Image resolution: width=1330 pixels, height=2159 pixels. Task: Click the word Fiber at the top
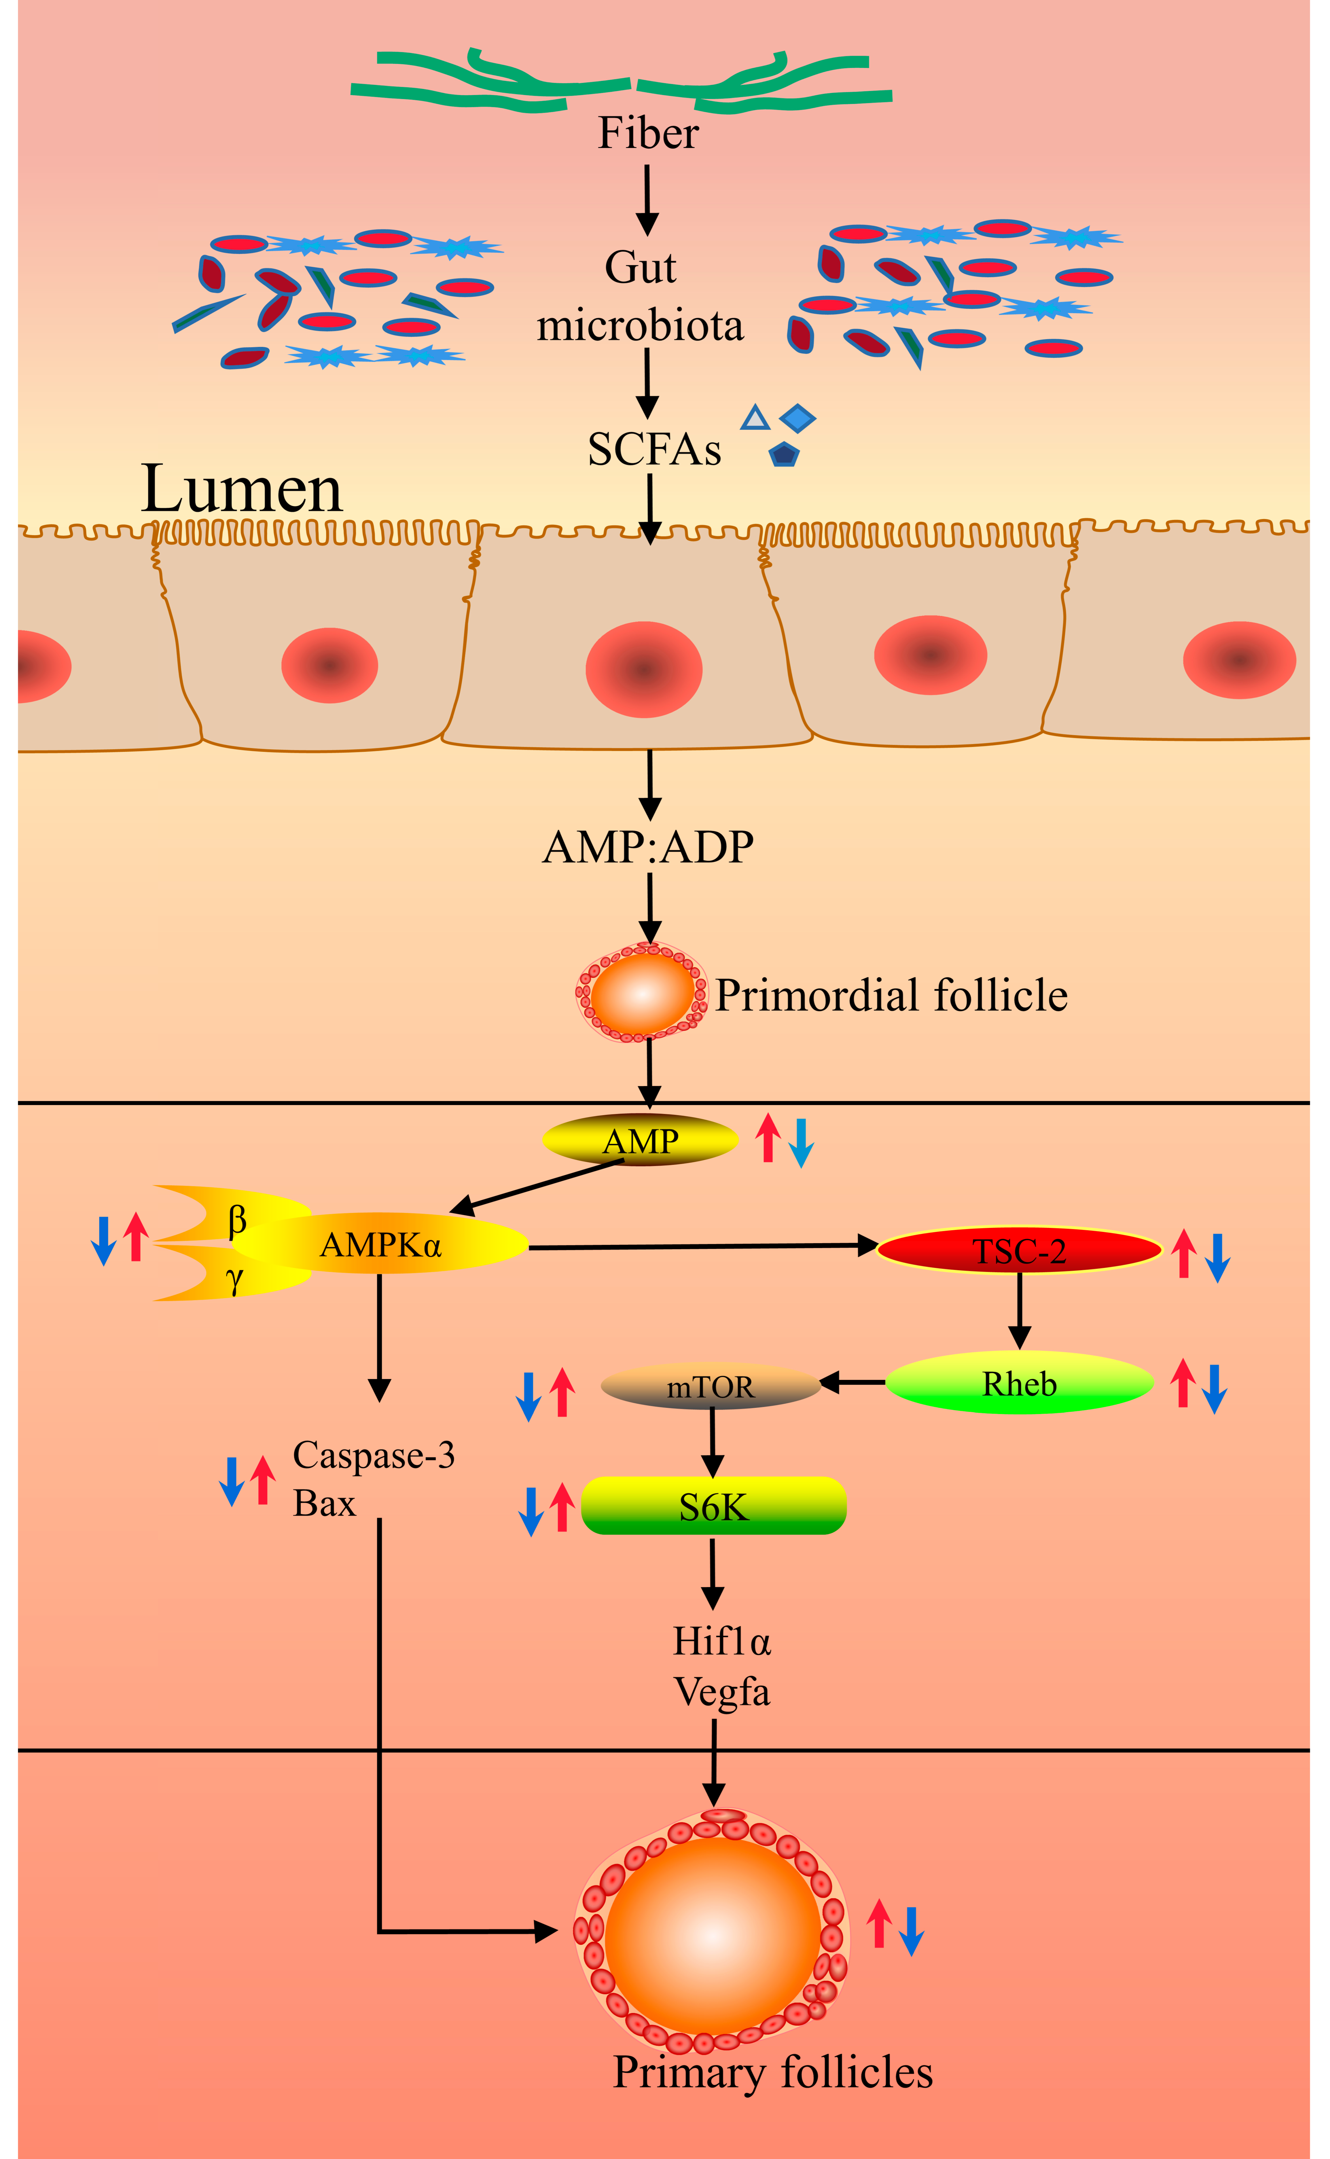tap(648, 134)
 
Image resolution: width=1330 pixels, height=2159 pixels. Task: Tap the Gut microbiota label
tap(640, 297)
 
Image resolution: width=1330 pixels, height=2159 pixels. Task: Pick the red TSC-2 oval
tap(1020, 1250)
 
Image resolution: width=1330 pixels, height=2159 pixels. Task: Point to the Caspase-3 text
tap(374, 1455)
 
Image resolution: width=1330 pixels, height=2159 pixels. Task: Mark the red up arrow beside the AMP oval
tap(768, 1138)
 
